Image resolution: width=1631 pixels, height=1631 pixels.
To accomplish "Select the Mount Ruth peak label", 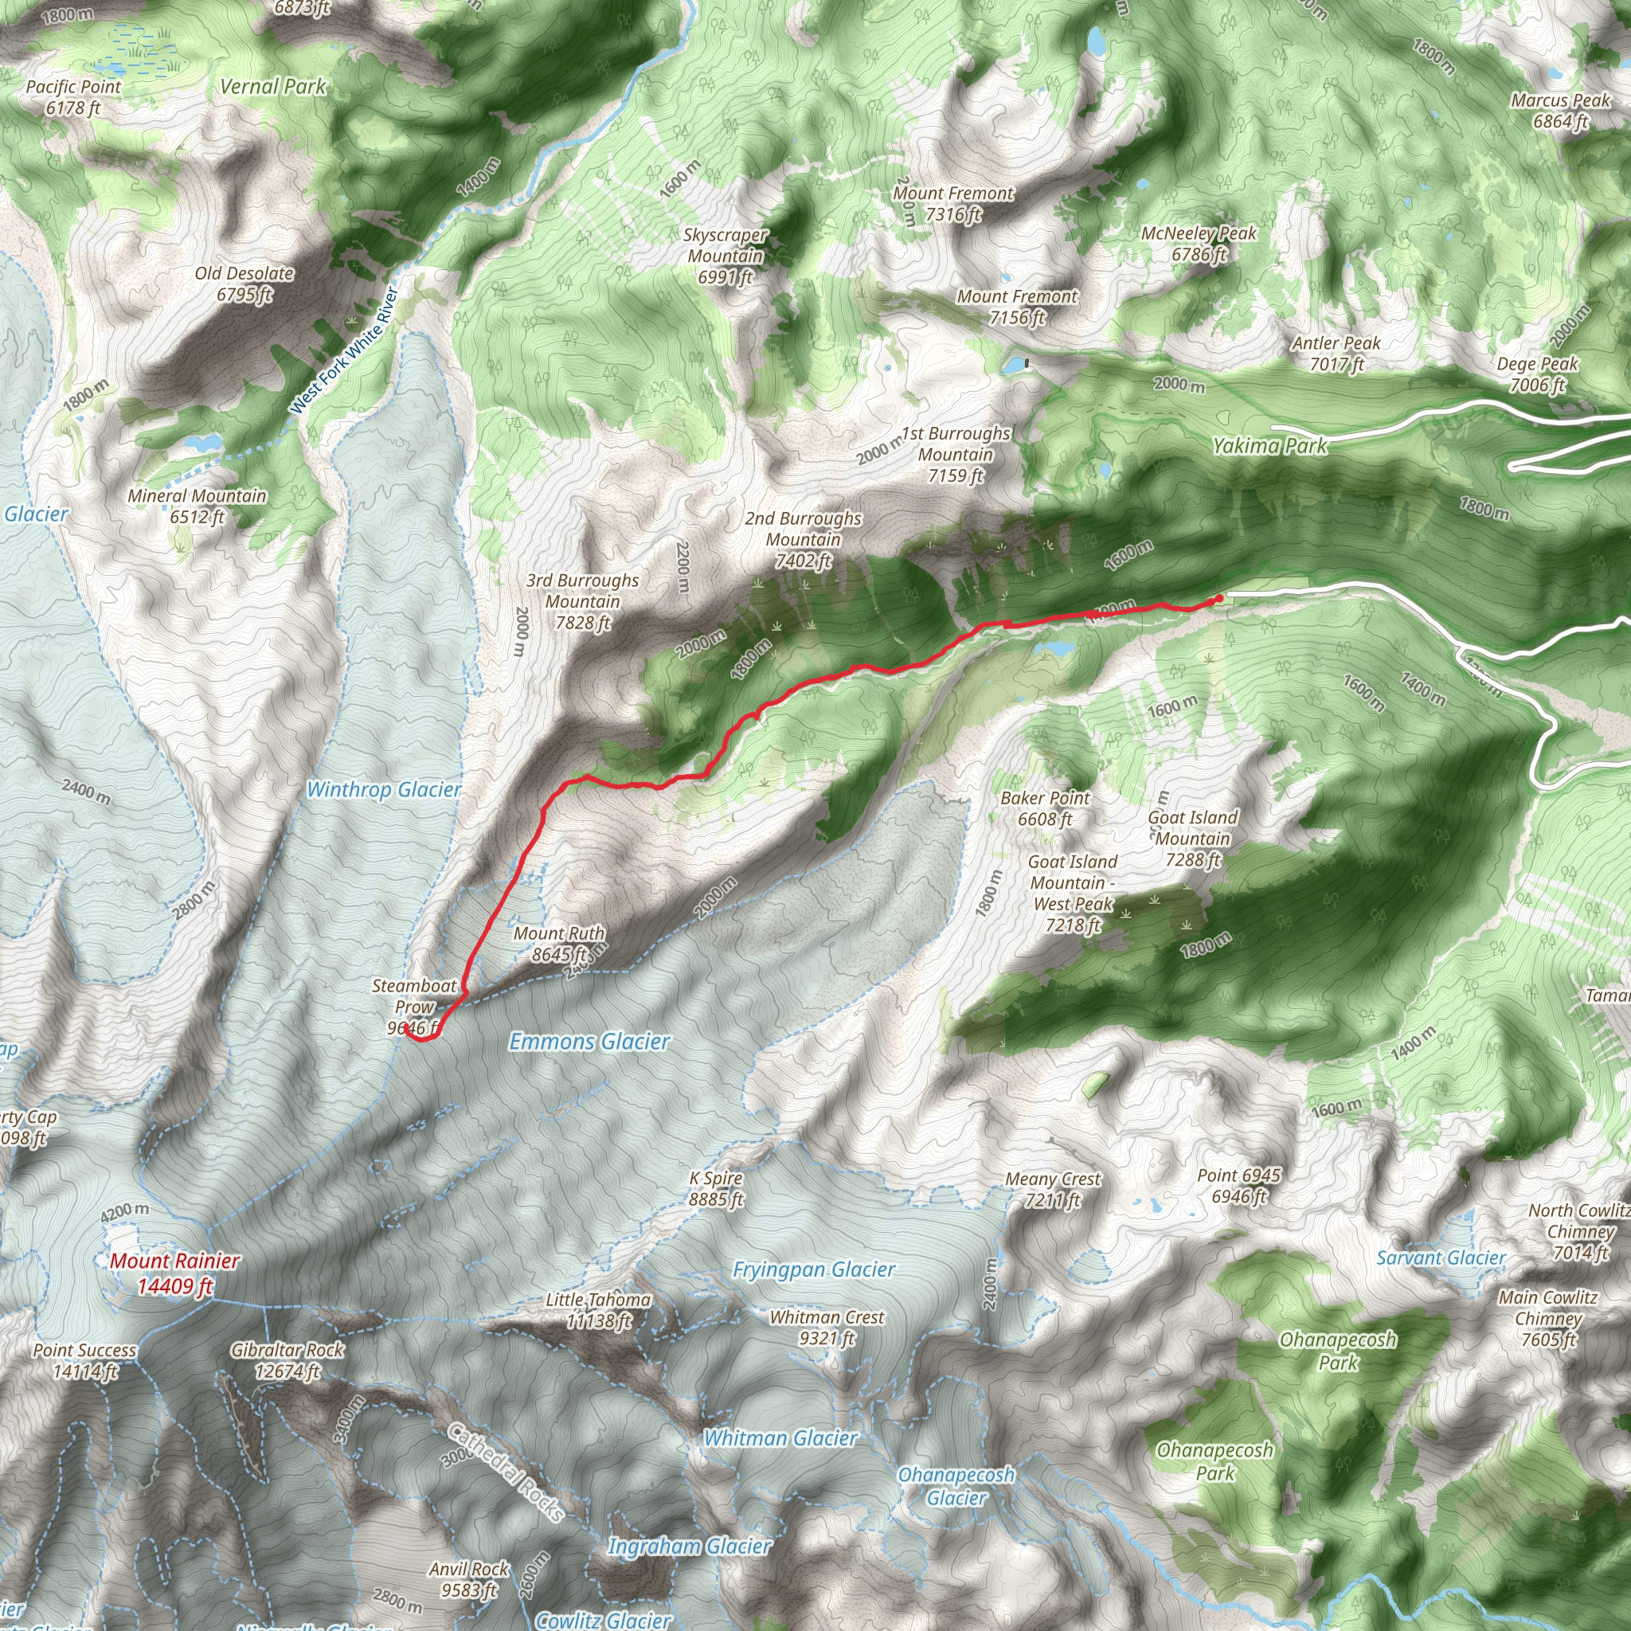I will pos(559,944).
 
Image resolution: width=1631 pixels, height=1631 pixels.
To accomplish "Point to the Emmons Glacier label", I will pos(589,1042).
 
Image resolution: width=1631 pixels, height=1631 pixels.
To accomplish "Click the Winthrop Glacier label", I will pos(384,790).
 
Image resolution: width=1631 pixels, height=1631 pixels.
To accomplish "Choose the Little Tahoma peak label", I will pos(598,1310).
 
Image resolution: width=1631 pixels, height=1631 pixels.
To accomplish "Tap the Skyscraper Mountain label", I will pos(726,255).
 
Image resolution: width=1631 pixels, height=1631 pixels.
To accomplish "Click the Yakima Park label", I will pos(1269,446).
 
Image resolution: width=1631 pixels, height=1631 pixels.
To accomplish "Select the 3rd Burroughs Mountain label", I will pos(582,601).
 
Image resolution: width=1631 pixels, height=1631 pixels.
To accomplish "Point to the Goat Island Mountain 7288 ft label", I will pos(1192,839).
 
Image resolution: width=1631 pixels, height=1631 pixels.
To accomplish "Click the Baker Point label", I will pos(1045,808).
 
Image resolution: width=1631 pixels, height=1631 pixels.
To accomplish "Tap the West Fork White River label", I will pos(343,350).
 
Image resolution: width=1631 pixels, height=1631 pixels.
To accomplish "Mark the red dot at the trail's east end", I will pos(1219,599).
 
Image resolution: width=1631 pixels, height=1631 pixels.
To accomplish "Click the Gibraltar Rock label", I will pos(287,1360).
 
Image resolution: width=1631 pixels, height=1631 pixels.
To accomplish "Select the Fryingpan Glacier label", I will pos(814,1269).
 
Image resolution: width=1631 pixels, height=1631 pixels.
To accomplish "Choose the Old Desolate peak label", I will pos(244,284).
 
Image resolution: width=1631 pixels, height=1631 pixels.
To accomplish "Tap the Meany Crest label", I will pos(1053,1189).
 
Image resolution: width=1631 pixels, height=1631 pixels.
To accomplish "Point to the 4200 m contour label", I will pos(125,1212).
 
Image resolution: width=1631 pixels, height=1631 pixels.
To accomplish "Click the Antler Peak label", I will pos(1336,353).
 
